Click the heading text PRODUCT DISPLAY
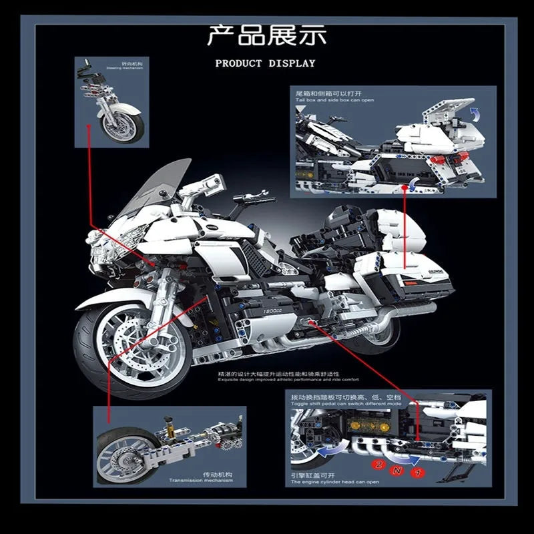pos(265,63)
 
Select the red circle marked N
pos(398,471)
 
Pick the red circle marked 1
pos(419,473)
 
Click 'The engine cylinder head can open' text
pos(334,481)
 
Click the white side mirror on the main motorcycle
pos(207,181)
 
